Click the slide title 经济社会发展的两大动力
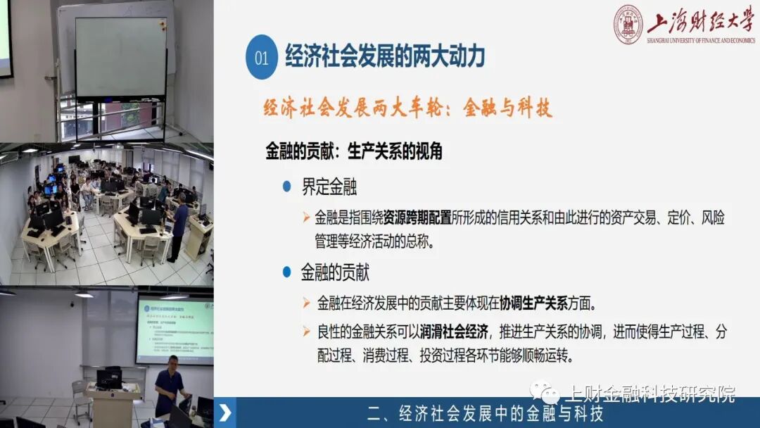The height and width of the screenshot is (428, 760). pyautogui.click(x=385, y=56)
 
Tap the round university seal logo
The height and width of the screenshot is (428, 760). pyautogui.click(x=628, y=25)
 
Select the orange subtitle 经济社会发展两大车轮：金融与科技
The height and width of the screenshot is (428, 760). pyautogui.click(x=407, y=108)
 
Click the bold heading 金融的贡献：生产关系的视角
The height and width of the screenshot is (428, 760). pyautogui.click(x=353, y=151)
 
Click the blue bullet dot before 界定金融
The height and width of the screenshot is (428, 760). pyautogui.click(x=286, y=187)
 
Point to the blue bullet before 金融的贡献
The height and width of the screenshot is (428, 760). pyautogui.click(x=286, y=272)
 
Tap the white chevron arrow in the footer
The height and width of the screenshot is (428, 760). pyautogui.click(x=225, y=413)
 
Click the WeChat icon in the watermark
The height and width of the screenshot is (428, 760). pyautogui.click(x=545, y=393)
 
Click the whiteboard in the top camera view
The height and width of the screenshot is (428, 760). pyautogui.click(x=121, y=56)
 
